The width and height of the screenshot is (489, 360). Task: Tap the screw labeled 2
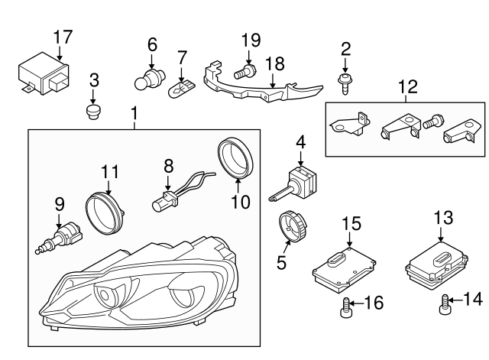coord(345,81)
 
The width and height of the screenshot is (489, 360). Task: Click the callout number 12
coord(407,86)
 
